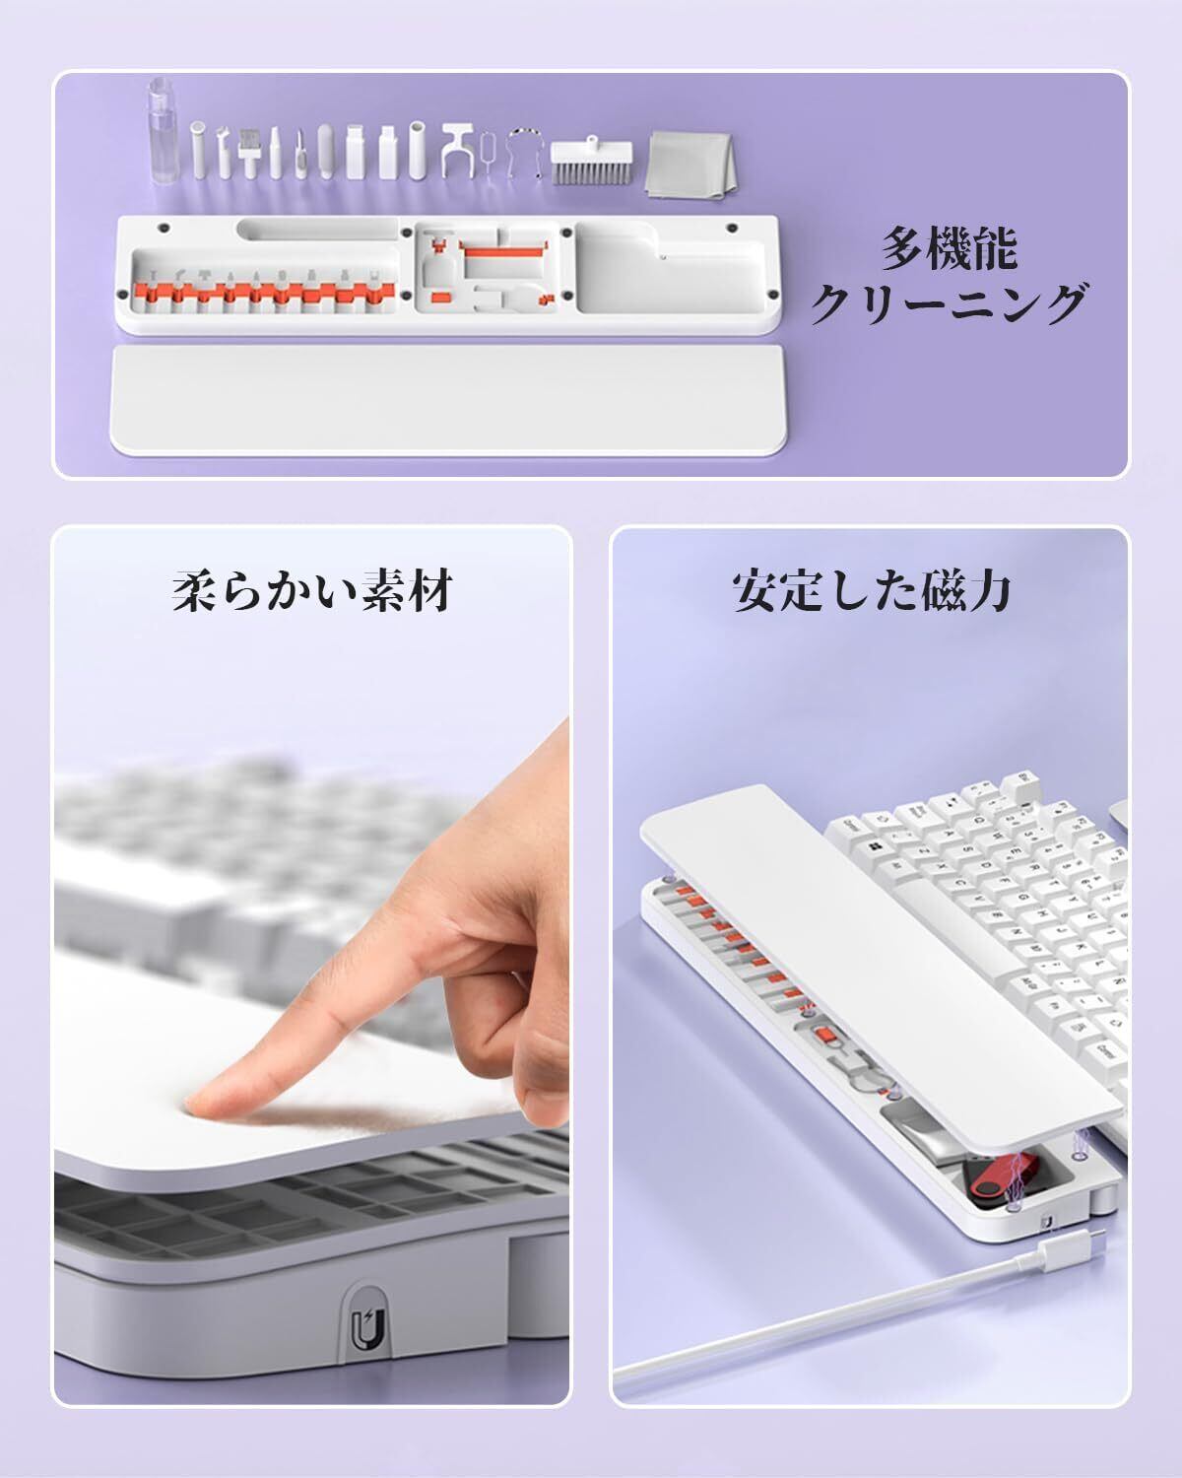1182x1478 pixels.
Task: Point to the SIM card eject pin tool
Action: point(489,155)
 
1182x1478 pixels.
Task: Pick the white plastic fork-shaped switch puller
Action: point(459,149)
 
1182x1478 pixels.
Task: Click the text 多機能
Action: point(950,248)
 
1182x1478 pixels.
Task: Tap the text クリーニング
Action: point(950,302)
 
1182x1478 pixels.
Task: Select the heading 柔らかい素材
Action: point(312,590)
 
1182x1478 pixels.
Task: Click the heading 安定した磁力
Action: point(871,590)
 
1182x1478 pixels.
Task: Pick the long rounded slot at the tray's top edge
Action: point(317,229)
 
